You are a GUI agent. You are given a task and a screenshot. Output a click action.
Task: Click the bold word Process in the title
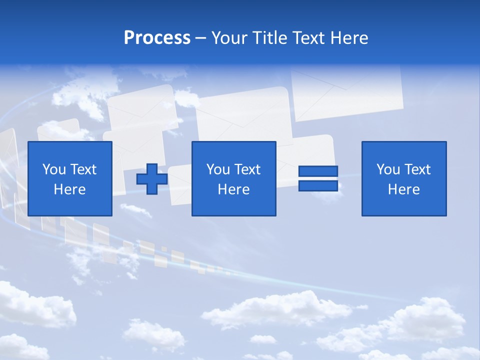[x=157, y=38]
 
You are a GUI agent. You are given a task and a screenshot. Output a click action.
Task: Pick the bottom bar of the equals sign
[x=318, y=185]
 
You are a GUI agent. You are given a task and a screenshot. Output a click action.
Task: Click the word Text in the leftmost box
[x=83, y=169]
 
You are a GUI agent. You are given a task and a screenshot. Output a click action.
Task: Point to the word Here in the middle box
[x=233, y=189]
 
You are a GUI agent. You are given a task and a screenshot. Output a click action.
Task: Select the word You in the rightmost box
[x=388, y=169]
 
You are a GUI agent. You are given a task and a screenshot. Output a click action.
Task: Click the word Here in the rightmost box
[x=403, y=189]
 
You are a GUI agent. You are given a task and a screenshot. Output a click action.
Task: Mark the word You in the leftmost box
[x=54, y=169]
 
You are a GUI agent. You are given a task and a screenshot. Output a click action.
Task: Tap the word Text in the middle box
[x=247, y=169]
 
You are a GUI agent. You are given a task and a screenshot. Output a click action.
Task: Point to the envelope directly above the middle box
[x=242, y=115]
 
